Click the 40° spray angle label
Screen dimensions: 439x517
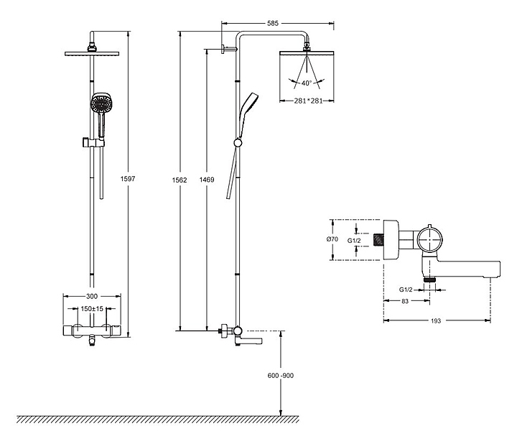[x=306, y=83]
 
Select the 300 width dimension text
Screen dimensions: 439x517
[x=91, y=296]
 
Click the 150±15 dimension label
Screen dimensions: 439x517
[x=91, y=309]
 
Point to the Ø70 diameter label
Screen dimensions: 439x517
[x=332, y=239]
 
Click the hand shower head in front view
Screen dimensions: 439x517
[x=101, y=106]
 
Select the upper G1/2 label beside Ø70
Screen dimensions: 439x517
[x=354, y=239]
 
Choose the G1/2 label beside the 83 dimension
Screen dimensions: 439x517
[x=406, y=290]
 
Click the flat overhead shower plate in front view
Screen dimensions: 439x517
[x=92, y=52]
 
